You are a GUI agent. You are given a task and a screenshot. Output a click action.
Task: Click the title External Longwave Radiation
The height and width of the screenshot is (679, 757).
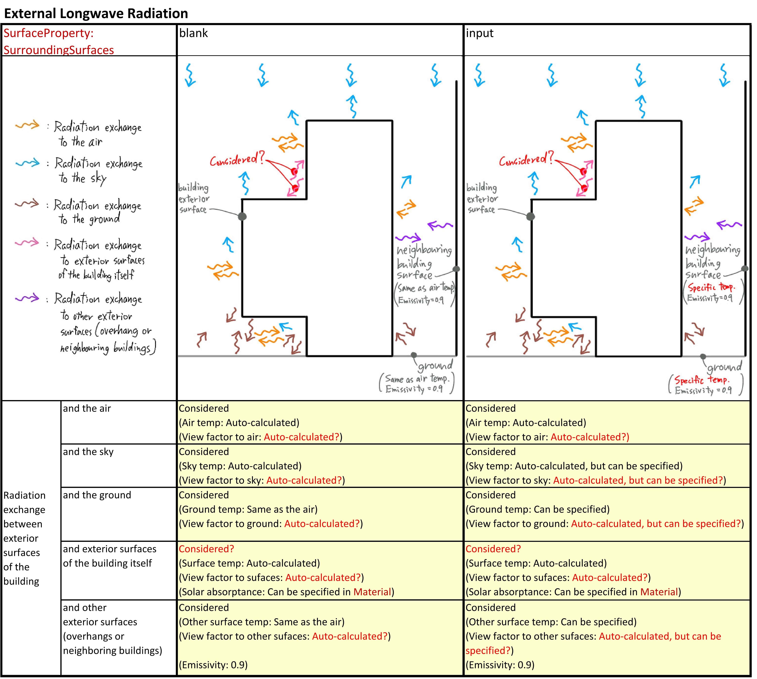96,13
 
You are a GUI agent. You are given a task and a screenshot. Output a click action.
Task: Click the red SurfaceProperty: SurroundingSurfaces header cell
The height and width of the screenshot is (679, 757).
58,41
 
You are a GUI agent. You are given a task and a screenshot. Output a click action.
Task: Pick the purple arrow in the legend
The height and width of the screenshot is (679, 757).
27,298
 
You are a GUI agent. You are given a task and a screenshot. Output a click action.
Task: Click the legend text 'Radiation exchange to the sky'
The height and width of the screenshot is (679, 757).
98,170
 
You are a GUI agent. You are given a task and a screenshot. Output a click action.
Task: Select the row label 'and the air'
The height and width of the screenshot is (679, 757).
87,409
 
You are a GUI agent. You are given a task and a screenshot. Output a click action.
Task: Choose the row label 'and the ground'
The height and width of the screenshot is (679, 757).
97,495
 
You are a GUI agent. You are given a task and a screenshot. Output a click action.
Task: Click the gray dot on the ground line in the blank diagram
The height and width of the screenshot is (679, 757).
414,355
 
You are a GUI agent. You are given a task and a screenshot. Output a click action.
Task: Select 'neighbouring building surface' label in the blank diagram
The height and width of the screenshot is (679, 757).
424,262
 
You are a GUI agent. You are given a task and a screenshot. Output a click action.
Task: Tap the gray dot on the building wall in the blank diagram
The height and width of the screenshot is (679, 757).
242,216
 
